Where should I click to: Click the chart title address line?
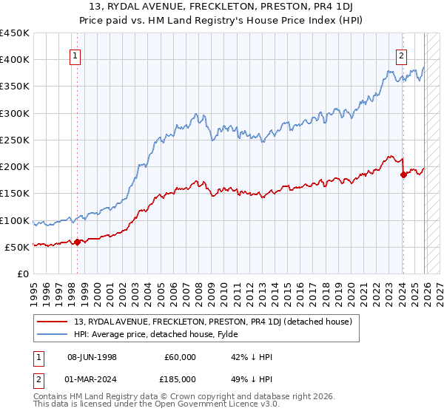pyautogui.click(x=222, y=8)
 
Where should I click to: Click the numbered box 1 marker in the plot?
pyautogui.click(x=76, y=55)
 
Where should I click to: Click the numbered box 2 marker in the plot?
pyautogui.click(x=401, y=55)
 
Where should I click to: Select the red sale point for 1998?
pyautogui.click(x=77, y=242)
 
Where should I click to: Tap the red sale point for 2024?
pyautogui.click(x=403, y=174)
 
